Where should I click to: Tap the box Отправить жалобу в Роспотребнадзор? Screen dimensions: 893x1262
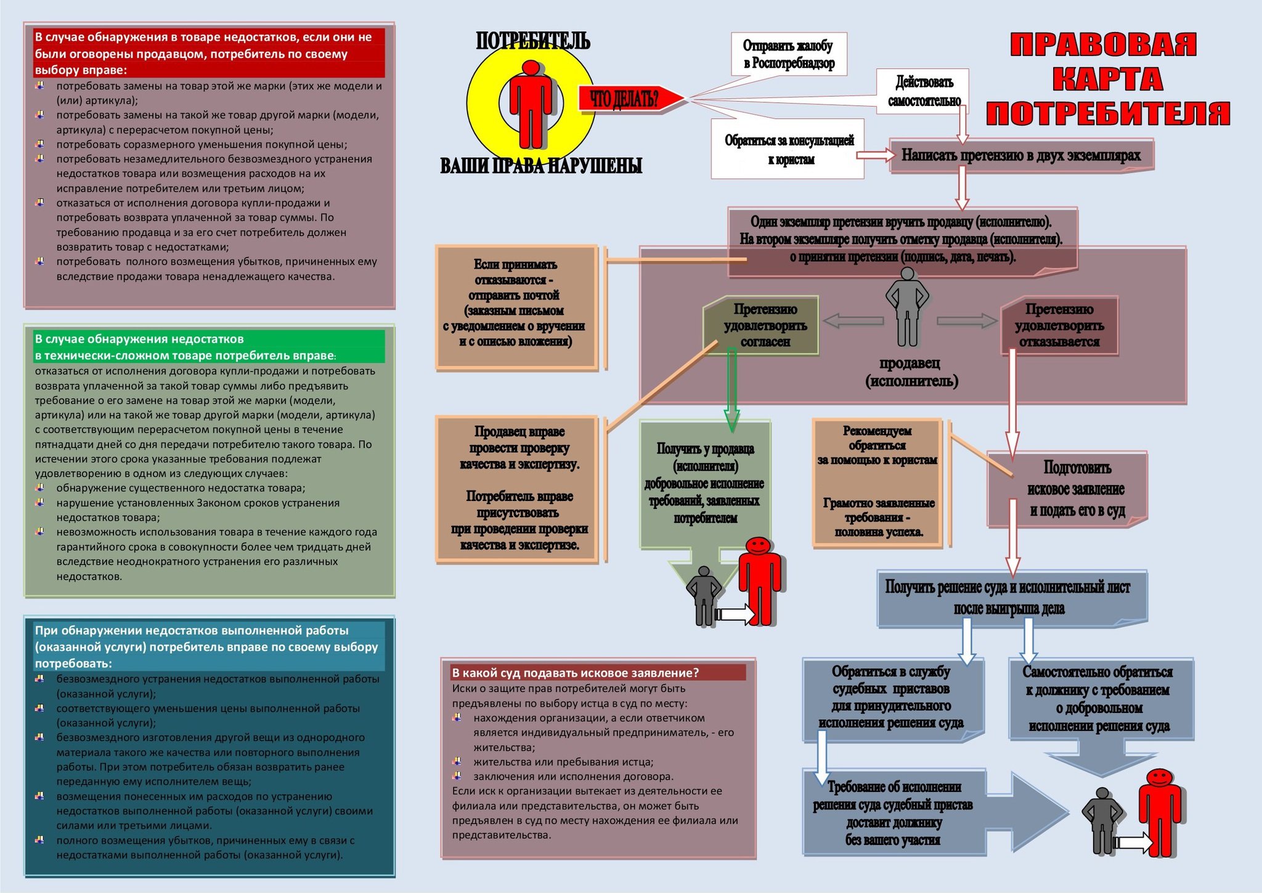pyautogui.click(x=789, y=54)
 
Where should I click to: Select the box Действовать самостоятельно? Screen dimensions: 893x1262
pyautogui.click(x=924, y=91)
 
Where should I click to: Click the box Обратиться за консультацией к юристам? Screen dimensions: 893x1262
pyautogui.click(x=789, y=150)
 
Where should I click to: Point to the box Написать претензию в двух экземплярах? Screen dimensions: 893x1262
pyautogui.click(x=1021, y=155)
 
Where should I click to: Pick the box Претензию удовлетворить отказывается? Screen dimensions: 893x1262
pyautogui.click(x=1059, y=325)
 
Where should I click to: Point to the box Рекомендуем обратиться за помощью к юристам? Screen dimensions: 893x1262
pyautogui.click(x=877, y=481)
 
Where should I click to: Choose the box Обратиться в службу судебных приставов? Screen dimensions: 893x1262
pyautogui.click(x=892, y=697)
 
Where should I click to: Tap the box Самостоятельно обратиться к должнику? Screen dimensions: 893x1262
pyautogui.click(x=1099, y=698)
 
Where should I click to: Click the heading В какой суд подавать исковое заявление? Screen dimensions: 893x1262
pyautogui.click(x=576, y=672)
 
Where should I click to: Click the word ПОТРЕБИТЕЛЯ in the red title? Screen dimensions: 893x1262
pyautogui.click(x=1107, y=113)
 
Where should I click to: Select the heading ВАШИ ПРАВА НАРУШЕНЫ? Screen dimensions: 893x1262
pyautogui.click(x=541, y=166)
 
